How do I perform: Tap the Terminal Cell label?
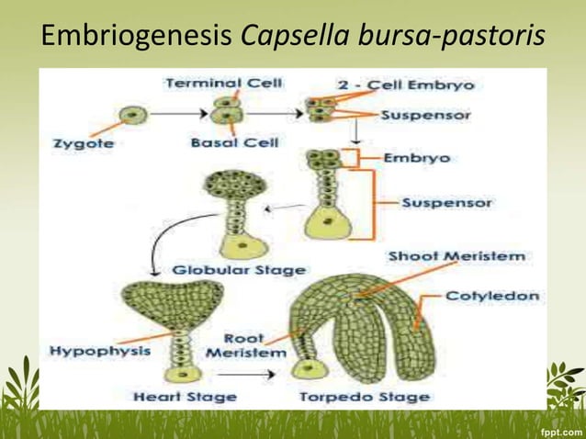tap(218, 84)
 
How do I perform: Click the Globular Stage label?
tap(240, 270)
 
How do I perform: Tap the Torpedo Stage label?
tap(365, 397)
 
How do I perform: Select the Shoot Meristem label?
tap(457, 256)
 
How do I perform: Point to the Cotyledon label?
tap(493, 297)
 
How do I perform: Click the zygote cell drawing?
tap(134, 116)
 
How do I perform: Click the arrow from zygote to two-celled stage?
tap(180, 116)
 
